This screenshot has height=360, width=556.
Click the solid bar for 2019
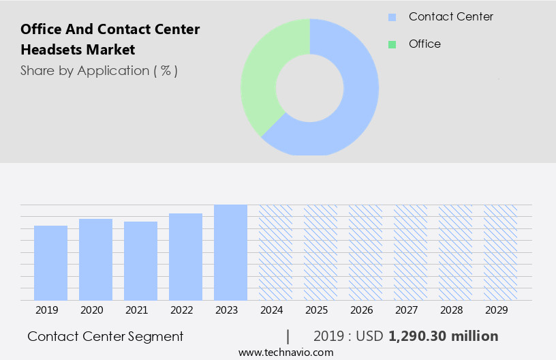pyautogui.click(x=50, y=263)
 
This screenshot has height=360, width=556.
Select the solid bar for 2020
pyautogui.click(x=95, y=260)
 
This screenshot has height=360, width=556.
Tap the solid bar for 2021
pyautogui.click(x=140, y=261)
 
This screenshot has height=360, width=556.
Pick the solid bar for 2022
pyautogui.click(x=185, y=257)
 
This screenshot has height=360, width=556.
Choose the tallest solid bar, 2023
pyautogui.click(x=230, y=252)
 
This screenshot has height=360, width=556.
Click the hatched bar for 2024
pyautogui.click(x=275, y=252)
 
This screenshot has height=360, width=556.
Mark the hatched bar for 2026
pyautogui.click(x=365, y=252)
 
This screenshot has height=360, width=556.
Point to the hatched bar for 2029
pyautogui.click(x=500, y=252)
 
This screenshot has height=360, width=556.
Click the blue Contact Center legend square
pyautogui.click(x=392, y=17)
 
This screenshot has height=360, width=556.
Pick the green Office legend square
pyautogui.click(x=392, y=44)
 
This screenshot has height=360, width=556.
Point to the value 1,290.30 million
pyautogui.click(x=443, y=336)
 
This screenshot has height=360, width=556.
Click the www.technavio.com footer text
pyautogui.click(x=285, y=352)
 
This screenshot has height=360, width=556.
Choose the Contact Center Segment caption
pyautogui.click(x=106, y=336)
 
